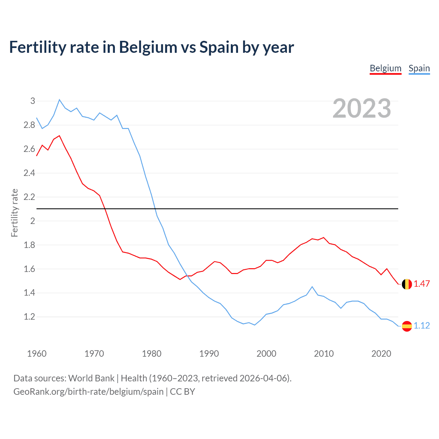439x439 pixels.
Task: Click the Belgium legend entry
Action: (385, 68)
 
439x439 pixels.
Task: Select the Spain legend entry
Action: (419, 68)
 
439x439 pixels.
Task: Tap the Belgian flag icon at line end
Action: (407, 284)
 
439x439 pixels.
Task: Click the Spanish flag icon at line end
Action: (407, 326)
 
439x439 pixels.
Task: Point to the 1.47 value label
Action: (422, 284)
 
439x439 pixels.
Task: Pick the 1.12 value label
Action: (422, 326)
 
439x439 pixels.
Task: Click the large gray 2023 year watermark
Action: (362, 108)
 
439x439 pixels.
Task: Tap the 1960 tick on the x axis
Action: (37, 354)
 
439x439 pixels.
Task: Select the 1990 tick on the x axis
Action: (209, 354)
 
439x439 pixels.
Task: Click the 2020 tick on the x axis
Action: (381, 354)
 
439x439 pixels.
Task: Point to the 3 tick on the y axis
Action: (33, 101)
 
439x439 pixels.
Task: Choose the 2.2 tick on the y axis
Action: (29, 197)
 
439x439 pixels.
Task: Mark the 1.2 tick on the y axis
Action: (29, 317)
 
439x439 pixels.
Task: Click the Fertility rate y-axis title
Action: (14, 213)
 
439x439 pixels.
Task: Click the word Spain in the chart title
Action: (219, 47)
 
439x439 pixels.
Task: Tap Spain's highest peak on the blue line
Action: (59, 99)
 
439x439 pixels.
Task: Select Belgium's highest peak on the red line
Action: (59, 135)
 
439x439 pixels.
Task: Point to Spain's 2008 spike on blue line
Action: (312, 287)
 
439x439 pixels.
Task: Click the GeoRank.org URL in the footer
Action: (88, 392)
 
